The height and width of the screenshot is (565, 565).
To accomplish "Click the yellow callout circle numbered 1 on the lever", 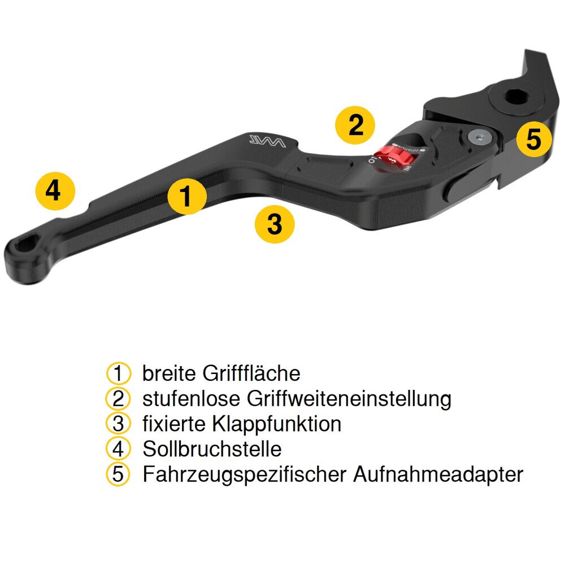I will pyautogui.click(x=187, y=196).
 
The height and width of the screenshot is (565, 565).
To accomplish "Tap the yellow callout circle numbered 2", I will pyautogui.click(x=355, y=125).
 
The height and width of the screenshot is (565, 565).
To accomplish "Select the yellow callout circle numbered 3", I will pyautogui.click(x=275, y=224).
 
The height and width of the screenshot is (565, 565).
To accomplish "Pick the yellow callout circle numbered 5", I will pyautogui.click(x=533, y=138).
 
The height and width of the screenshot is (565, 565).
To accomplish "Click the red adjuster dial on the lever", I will pyautogui.click(x=394, y=157).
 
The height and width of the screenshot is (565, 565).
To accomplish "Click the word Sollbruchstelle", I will pyautogui.click(x=212, y=449).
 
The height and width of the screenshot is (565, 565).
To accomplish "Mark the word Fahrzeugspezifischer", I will pyautogui.click(x=245, y=475).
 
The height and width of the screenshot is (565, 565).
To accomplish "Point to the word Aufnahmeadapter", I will pyautogui.click(x=438, y=475).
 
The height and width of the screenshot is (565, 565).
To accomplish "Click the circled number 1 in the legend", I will pyautogui.click(x=118, y=373).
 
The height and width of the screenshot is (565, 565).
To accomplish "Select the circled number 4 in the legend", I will pyautogui.click(x=118, y=449).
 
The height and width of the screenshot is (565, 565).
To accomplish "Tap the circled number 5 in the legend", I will pyautogui.click(x=118, y=475).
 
